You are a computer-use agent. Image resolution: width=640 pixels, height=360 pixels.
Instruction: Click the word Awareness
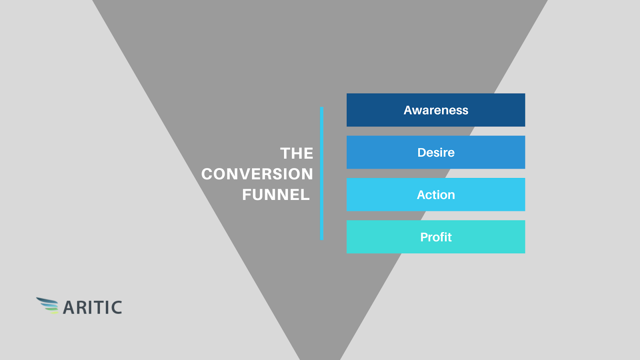tap(436, 110)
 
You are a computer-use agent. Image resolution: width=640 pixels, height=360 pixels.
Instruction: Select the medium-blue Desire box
tap(436, 152)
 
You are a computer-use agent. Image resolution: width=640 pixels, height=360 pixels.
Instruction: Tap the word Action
tap(436, 195)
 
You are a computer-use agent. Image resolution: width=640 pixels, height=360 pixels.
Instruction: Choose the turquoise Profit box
tap(436, 237)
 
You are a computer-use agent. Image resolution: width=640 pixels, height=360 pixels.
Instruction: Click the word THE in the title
tap(296, 154)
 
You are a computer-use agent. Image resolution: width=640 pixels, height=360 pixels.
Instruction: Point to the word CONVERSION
tap(257, 174)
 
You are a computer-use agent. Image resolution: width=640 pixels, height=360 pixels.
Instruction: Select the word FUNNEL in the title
tap(276, 195)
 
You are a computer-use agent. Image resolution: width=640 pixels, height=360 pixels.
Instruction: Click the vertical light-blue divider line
tap(322, 174)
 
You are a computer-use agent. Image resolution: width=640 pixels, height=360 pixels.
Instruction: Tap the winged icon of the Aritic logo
tap(48, 306)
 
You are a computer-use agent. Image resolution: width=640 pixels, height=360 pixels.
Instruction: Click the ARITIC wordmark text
tap(92, 308)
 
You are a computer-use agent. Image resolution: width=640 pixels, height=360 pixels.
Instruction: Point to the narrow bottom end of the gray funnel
tap(320, 358)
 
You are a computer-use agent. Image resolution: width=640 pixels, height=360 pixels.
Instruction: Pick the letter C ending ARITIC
tap(116, 308)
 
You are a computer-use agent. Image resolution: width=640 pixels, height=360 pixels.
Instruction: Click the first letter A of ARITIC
tap(69, 308)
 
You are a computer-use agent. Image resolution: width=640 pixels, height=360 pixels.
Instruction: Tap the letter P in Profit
tap(424, 237)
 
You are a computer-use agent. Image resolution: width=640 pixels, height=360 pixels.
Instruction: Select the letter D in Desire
tap(422, 152)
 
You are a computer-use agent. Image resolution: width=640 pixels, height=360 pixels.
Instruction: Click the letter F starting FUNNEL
tap(246, 195)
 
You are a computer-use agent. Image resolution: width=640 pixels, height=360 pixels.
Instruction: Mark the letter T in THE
tap(285, 154)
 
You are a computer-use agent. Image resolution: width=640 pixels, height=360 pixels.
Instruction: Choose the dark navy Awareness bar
tap(436, 110)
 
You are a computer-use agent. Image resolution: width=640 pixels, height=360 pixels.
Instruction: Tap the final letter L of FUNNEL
tap(306, 195)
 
